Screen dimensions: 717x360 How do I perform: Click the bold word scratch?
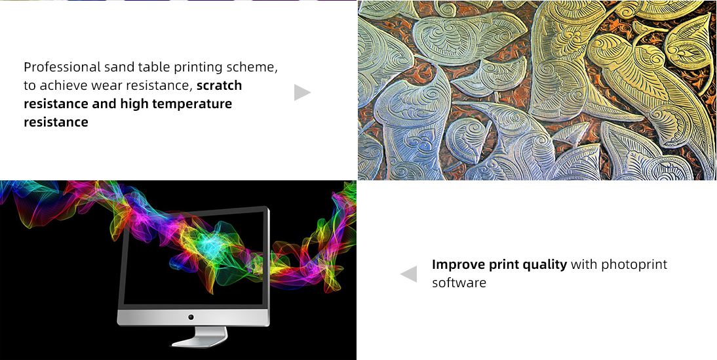(x=219, y=85)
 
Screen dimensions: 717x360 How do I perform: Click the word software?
(x=459, y=283)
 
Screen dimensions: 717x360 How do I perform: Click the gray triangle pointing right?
(x=302, y=92)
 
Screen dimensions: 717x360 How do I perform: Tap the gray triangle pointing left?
(x=409, y=274)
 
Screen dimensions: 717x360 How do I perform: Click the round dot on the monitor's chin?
(x=191, y=317)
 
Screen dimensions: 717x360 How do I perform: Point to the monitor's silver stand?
(x=200, y=336)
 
